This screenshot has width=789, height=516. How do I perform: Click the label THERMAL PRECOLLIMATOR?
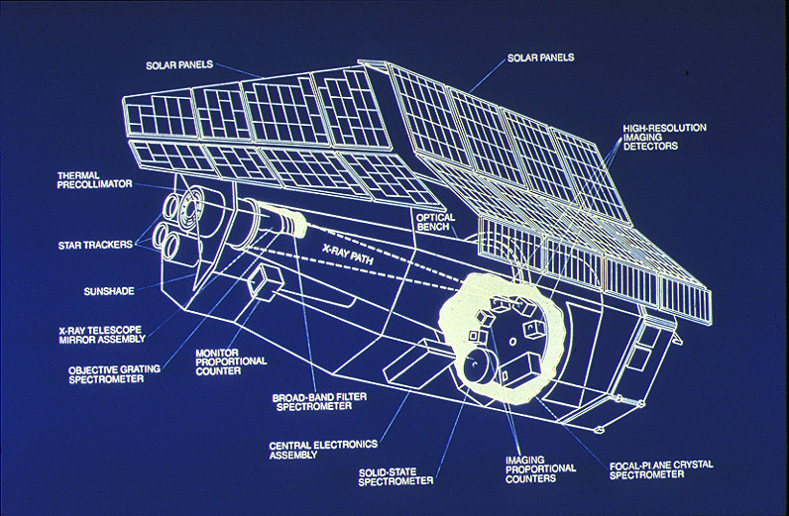[x=95, y=179]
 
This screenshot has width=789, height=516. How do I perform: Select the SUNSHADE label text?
[x=106, y=292]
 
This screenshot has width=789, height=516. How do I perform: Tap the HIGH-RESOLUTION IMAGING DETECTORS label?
[x=664, y=137]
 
